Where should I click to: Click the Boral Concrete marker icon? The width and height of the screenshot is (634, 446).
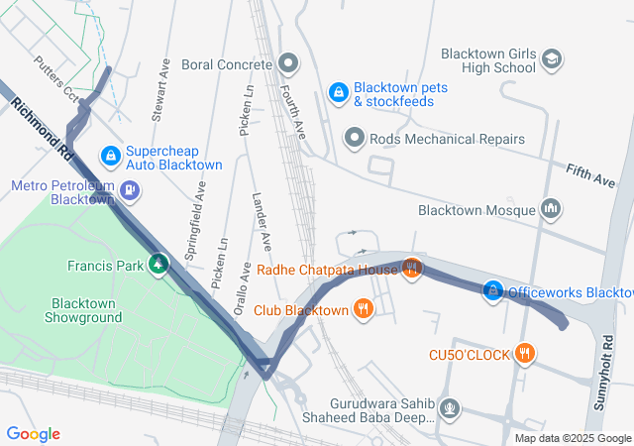pos(288,64)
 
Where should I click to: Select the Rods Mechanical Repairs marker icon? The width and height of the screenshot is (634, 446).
pos(354,138)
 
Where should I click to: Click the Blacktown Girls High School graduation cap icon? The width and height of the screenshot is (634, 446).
pos(551,61)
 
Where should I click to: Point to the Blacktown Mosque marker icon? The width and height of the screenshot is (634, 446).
pos(552,209)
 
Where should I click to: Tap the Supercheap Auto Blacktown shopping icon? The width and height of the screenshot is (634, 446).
pos(111,157)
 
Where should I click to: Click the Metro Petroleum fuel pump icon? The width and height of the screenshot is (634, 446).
pos(130,190)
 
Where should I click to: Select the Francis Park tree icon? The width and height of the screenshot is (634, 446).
pos(157,264)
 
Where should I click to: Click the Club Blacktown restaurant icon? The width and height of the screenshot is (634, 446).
pos(364,309)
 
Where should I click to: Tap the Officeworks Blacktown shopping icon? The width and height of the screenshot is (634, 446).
pos(492,291)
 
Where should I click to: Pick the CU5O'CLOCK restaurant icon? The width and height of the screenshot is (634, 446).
pos(525,353)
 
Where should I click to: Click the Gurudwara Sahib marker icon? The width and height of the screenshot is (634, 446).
pos(450,406)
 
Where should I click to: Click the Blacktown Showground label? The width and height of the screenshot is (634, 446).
pos(84,310)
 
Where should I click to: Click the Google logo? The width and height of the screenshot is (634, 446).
pos(33,434)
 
